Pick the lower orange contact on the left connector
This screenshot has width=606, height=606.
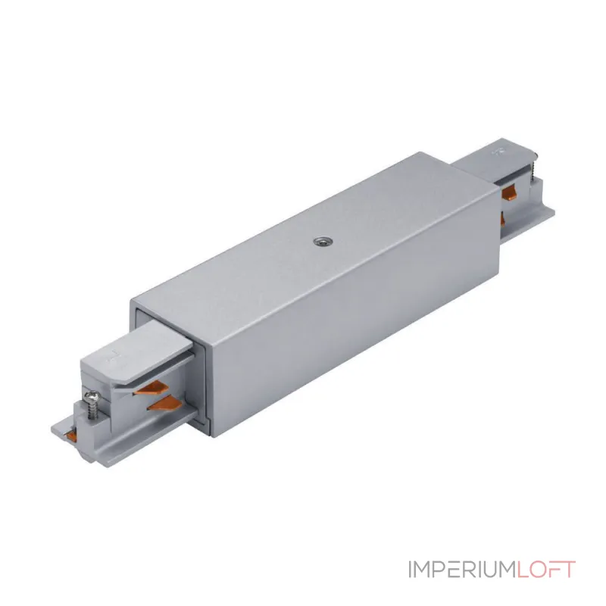pyautogui.click(x=164, y=404)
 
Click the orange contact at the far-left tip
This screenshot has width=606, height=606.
pyautogui.click(x=70, y=435)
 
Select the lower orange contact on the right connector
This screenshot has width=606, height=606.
pyautogui.click(x=503, y=218)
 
